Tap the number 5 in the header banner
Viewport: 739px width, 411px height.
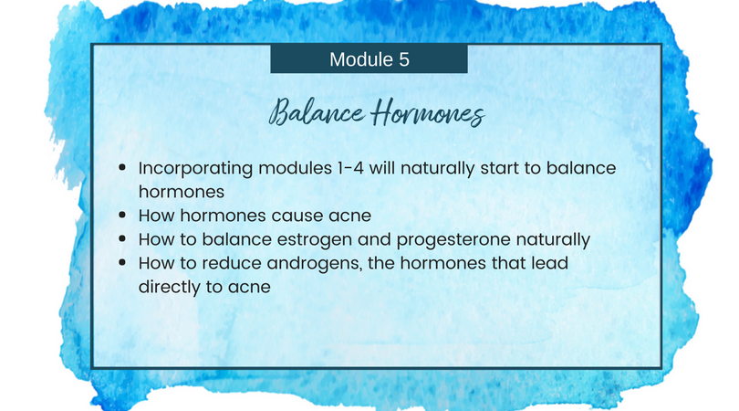(404, 59)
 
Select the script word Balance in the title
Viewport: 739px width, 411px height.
(317, 111)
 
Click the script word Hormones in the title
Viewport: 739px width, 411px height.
(428, 113)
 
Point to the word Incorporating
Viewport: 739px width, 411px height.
(195, 169)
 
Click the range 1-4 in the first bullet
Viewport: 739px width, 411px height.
(350, 168)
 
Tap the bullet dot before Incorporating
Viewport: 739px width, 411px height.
(122, 167)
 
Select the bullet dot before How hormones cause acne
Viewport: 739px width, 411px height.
(122, 216)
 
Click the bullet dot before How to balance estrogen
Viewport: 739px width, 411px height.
(122, 238)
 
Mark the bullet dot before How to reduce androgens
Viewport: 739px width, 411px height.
(122, 262)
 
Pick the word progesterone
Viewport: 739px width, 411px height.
(453, 240)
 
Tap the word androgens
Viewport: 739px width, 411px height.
(315, 264)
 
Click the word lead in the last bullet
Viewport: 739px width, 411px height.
(549, 263)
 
